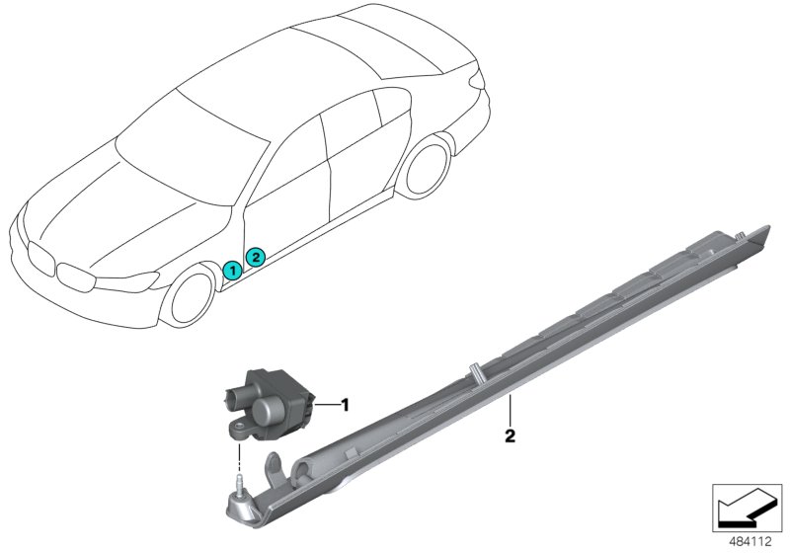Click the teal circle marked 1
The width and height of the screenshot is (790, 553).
232,271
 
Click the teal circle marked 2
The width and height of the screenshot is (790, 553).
255,258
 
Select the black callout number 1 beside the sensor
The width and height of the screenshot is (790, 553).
345,405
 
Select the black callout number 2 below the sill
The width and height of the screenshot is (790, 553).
510,435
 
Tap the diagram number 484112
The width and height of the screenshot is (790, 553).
750,541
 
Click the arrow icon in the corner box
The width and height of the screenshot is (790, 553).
747,508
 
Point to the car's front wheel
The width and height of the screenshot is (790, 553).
189,298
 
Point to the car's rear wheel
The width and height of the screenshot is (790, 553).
426,167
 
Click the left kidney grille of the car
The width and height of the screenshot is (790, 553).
40,259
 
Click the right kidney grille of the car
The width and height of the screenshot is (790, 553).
76,276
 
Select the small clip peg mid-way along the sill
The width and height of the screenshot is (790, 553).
475,372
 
